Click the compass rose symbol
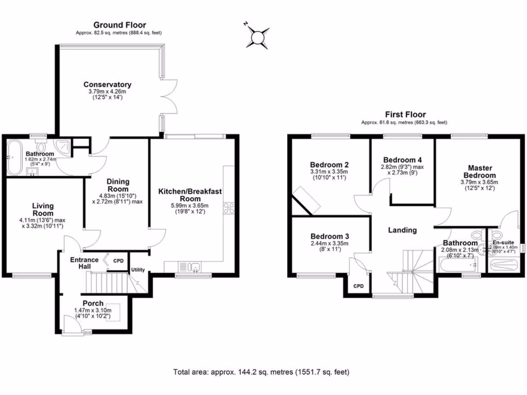tap(257, 37)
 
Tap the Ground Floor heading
tap(119, 25)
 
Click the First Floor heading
tap(406, 114)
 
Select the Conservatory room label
tap(108, 84)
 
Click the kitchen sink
tap(190, 266)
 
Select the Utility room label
tap(138, 270)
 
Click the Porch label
tap(93, 303)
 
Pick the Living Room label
tap(43, 210)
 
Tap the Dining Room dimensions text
tap(118, 198)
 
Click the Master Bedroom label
tap(480, 172)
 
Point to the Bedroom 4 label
tap(402, 159)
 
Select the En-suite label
tap(503, 242)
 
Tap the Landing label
tap(402, 230)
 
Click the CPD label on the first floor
tap(358, 286)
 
